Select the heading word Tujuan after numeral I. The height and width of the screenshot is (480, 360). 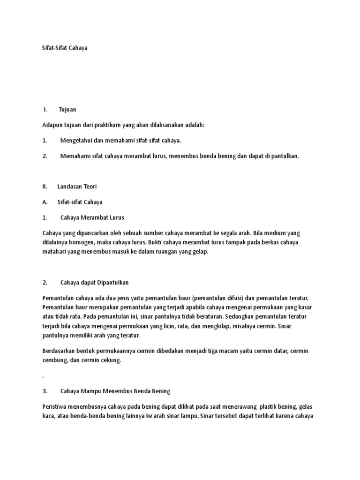67,110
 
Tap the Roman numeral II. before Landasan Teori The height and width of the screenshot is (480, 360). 45,187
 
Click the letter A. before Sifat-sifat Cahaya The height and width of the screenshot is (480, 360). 45,202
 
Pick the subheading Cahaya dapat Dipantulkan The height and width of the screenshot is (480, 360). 95,283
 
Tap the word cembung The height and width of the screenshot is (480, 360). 56,360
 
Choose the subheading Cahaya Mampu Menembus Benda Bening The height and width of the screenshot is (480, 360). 115,390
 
